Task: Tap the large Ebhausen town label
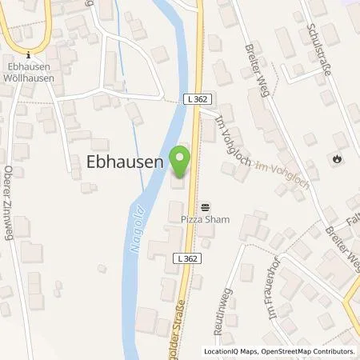point(124,161)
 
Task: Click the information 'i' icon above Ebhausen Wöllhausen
point(28,54)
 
